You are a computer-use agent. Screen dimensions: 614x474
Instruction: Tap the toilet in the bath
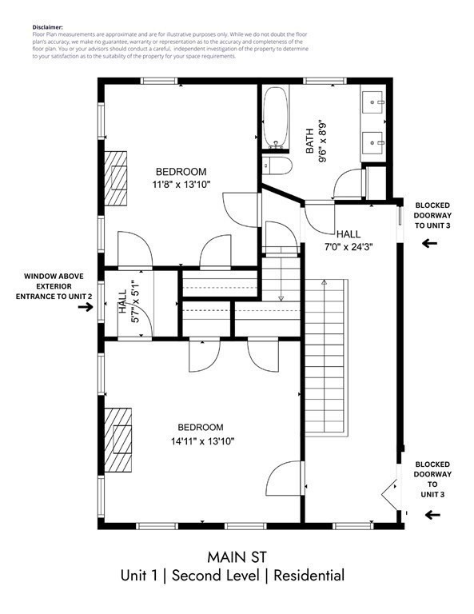(274, 166)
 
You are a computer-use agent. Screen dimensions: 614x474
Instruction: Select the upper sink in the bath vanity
(375, 102)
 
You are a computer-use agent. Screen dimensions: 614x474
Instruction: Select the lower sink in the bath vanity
(375, 144)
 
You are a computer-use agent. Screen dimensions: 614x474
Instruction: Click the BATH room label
(310, 142)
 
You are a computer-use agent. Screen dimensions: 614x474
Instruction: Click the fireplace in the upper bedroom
(119, 178)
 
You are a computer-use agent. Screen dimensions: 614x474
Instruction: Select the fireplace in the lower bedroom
(119, 441)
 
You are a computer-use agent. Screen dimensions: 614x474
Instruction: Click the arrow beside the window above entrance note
(83, 308)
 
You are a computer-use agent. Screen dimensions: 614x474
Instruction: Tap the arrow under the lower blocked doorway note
(432, 516)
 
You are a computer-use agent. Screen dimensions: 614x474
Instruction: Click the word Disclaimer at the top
(49, 26)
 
